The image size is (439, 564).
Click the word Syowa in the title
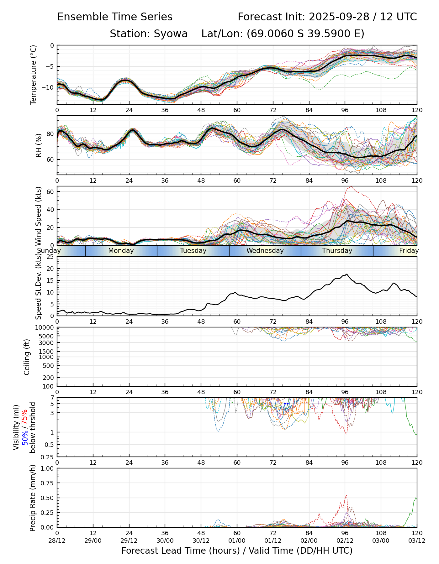click(x=171, y=34)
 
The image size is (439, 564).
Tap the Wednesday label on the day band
click(x=265, y=251)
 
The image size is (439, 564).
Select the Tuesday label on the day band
click(x=193, y=251)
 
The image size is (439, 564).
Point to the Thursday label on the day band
click(x=337, y=251)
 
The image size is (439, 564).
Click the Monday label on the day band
click(x=121, y=251)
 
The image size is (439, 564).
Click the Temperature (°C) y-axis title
click(x=34, y=75)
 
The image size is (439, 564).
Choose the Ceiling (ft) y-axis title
click(x=27, y=357)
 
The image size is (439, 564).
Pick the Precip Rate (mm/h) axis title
click(x=33, y=498)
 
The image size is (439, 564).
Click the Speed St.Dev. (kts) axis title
click(x=38, y=286)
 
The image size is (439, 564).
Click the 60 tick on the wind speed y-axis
click(x=50, y=191)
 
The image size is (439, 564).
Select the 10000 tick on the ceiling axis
click(x=45, y=328)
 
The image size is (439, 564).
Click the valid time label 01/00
click(x=237, y=540)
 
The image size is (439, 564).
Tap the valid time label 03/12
click(x=417, y=540)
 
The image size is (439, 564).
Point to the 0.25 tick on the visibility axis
click(x=48, y=457)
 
